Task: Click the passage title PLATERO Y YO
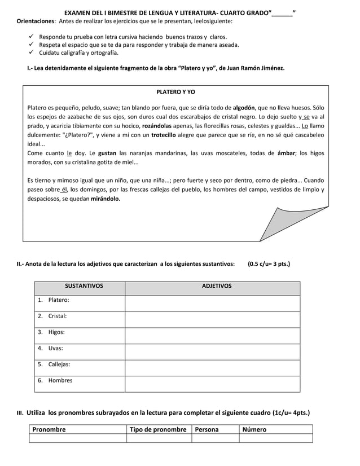(175, 92)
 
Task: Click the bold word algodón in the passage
(244, 107)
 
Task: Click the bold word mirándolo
(106, 199)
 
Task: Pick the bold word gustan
(107, 153)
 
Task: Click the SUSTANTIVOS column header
(84, 286)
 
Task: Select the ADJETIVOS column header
(217, 286)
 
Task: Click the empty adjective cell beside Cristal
(212, 316)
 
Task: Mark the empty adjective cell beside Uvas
(212, 349)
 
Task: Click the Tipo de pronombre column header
(158, 429)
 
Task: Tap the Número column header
(254, 429)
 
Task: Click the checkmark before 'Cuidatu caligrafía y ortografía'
(32, 53)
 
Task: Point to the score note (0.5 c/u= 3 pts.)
(269, 263)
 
